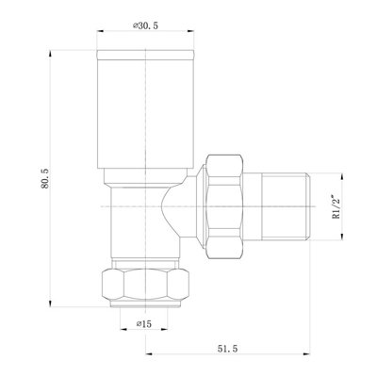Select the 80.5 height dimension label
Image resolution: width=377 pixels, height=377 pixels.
tap(33, 172)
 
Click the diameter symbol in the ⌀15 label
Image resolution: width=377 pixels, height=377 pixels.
tap(138, 324)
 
